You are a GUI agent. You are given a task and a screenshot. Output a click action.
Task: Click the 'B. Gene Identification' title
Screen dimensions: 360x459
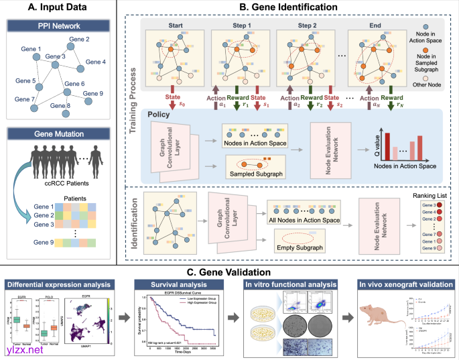tap(287, 7)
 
